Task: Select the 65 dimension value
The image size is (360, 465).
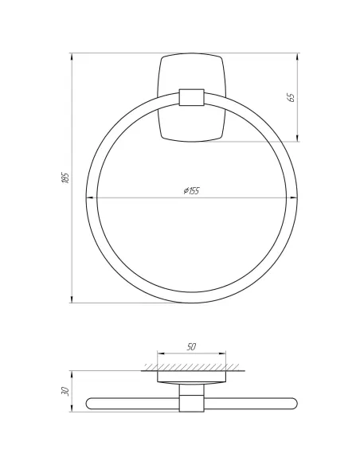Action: click(x=291, y=97)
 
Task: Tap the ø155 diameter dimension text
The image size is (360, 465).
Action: click(x=191, y=192)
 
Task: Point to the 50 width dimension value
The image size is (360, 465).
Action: click(x=191, y=348)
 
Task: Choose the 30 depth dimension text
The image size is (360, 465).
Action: click(x=65, y=392)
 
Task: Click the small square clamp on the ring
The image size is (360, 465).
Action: click(x=192, y=98)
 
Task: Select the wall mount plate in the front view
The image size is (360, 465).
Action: click(x=192, y=72)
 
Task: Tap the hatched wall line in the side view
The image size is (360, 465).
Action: click(x=191, y=367)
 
